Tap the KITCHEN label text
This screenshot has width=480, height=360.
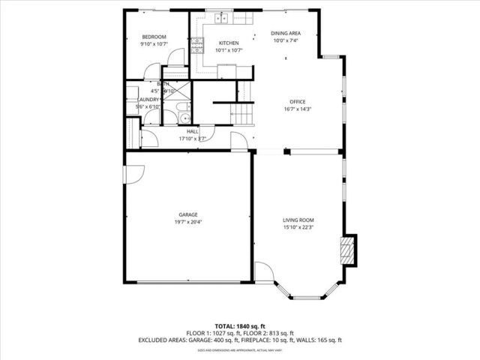tap(229, 43)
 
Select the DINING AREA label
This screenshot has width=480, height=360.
tap(285, 34)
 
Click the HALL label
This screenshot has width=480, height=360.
tap(193, 131)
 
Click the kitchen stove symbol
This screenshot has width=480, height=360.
tap(197, 46)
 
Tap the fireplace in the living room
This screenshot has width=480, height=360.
tap(347, 248)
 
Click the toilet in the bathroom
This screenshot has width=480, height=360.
tap(185, 117)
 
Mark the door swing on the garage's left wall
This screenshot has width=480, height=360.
tap(133, 173)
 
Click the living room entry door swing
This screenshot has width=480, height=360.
tap(265, 271)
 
